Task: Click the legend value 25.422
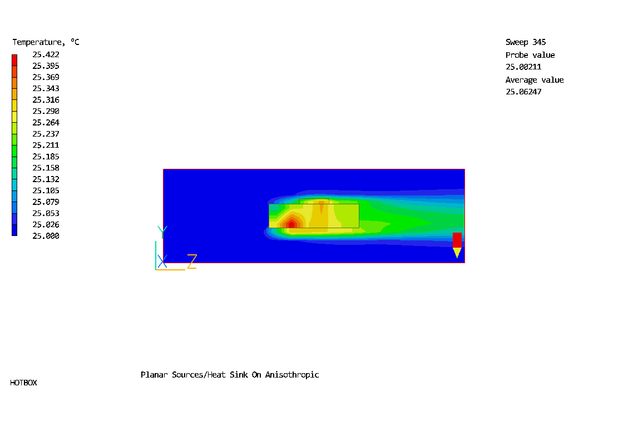click(x=46, y=54)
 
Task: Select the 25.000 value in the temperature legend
click(x=46, y=236)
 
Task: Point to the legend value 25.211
click(x=46, y=145)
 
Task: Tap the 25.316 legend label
click(x=46, y=100)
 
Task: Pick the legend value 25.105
click(x=46, y=190)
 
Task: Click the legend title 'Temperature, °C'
click(x=46, y=42)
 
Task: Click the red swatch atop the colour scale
click(x=14, y=60)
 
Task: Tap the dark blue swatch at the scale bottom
click(x=14, y=230)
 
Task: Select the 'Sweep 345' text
click(x=526, y=42)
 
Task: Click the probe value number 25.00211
click(x=523, y=67)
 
